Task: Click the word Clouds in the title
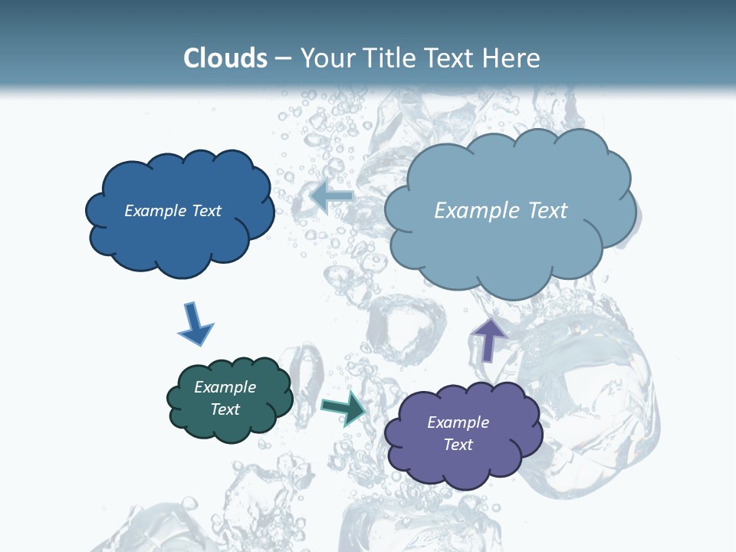point(225,58)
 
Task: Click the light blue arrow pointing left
point(332,196)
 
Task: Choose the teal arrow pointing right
point(344,409)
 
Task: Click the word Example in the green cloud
point(225,387)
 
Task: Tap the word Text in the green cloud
point(225,409)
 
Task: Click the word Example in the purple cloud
point(458,422)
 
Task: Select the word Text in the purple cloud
point(458,445)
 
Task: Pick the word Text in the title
point(453,58)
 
